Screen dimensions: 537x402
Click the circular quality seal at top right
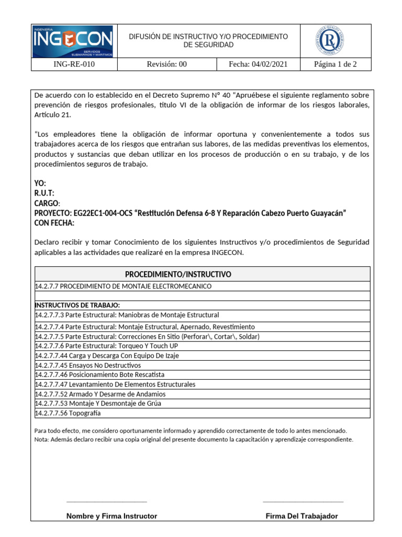click(x=329, y=41)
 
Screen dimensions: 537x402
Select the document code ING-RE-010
click(x=74, y=65)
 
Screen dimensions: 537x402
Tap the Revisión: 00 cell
click(x=166, y=65)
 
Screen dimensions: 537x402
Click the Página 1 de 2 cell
click(x=335, y=65)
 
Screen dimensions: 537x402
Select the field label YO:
click(x=40, y=184)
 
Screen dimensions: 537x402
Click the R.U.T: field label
click(x=44, y=194)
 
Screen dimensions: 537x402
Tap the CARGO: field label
click(x=47, y=203)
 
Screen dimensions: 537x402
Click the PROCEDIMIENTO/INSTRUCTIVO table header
click(x=178, y=274)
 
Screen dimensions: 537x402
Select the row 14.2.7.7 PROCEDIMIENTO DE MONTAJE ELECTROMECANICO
click(x=123, y=286)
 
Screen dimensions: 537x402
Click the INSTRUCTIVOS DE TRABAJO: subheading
click(x=77, y=305)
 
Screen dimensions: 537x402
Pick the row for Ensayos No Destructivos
click(x=88, y=365)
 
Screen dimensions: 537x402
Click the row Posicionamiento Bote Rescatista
click(x=99, y=374)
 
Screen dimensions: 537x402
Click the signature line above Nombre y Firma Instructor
click(x=107, y=501)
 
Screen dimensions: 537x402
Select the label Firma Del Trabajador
click(x=301, y=516)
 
